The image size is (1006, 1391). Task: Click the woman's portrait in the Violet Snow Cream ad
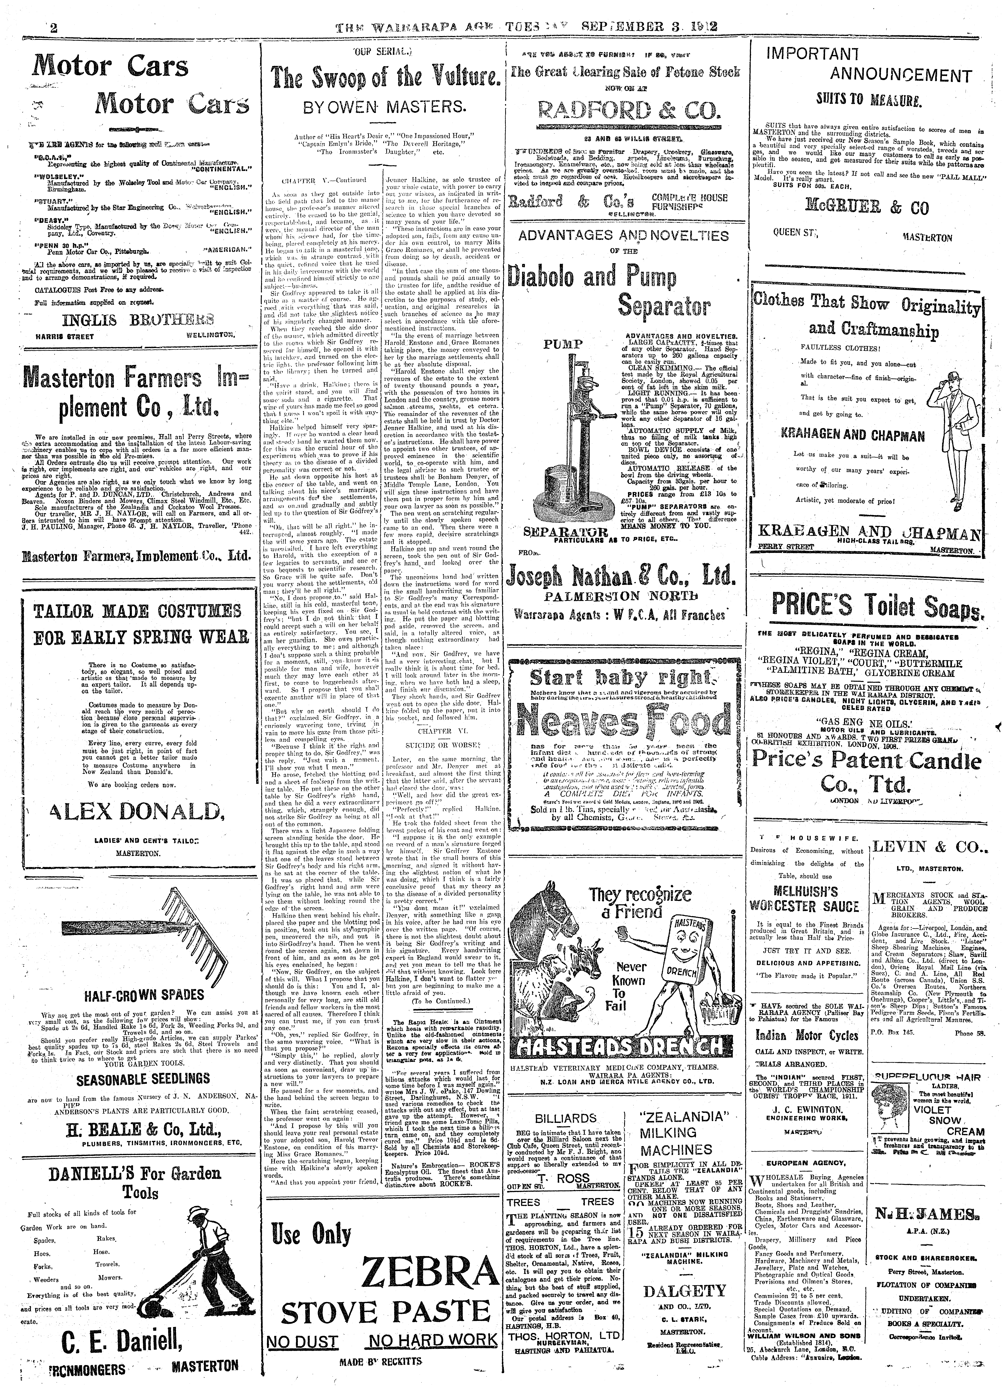point(893,1105)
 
